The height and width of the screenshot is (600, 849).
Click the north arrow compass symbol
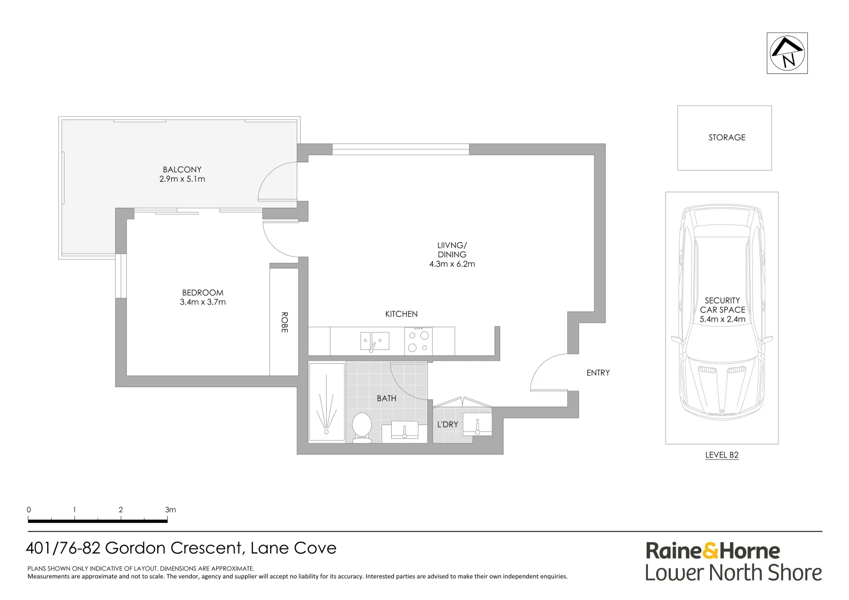click(787, 53)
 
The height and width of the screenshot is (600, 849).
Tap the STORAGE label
click(726, 137)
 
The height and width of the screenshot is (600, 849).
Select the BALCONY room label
click(182, 169)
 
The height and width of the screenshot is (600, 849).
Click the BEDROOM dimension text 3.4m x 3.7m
click(203, 302)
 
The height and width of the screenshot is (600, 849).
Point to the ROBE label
click(284, 322)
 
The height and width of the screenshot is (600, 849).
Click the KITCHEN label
click(401, 314)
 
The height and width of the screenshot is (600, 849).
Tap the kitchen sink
click(374, 341)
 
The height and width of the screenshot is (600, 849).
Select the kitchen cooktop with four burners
click(418, 341)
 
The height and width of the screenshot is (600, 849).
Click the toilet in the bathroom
click(362, 427)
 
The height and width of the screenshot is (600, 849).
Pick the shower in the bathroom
click(326, 403)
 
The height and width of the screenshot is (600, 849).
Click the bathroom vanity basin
click(404, 431)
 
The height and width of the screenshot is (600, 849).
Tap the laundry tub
click(477, 425)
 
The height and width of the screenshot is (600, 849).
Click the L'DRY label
click(447, 424)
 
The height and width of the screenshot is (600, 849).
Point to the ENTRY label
click(598, 373)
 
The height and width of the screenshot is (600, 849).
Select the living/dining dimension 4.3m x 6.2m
click(452, 264)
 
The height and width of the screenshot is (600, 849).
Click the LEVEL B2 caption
click(721, 455)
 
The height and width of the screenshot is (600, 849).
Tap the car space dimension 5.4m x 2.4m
click(722, 319)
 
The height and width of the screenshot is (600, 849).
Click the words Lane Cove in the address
click(293, 548)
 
